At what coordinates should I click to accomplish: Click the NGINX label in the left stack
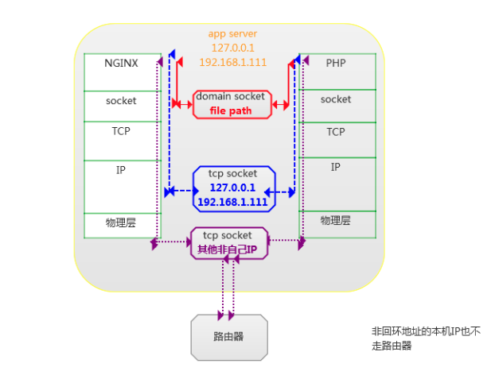121,62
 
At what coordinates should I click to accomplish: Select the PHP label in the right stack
336,62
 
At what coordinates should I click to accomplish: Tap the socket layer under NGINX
121,101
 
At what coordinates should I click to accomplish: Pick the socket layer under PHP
336,99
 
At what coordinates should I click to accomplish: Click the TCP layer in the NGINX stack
121,131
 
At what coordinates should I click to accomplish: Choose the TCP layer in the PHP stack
336,132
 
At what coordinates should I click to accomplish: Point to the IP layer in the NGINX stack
121,169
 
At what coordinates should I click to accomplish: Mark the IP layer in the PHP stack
336,167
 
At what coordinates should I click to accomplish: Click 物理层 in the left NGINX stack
121,222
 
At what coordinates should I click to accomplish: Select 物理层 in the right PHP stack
336,219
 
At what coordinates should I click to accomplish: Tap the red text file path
230,111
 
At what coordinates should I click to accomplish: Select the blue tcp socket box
232,188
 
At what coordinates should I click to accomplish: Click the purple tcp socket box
229,242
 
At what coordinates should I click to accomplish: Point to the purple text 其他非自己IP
228,249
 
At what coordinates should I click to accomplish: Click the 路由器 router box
228,337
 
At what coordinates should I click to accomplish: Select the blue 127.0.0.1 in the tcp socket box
232,188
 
